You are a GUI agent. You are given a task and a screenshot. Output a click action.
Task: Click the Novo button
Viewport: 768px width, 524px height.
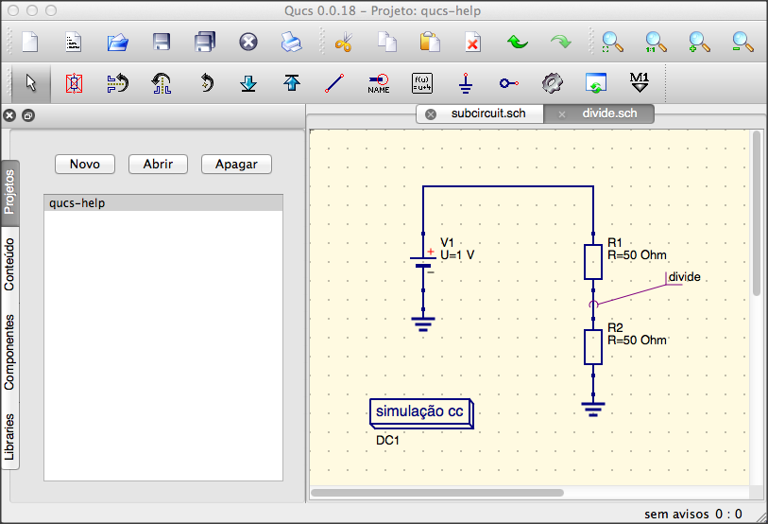click(x=85, y=164)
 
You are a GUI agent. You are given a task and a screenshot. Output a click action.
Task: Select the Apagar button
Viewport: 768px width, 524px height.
click(x=236, y=164)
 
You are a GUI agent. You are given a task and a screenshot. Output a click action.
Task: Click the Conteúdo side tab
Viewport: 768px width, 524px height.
click(x=9, y=264)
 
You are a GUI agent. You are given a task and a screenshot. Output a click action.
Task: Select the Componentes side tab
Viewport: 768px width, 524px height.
click(x=9, y=352)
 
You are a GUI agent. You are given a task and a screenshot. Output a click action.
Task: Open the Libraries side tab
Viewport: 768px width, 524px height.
click(x=9, y=437)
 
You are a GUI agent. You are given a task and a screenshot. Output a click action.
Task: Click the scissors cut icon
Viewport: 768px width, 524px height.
click(x=344, y=43)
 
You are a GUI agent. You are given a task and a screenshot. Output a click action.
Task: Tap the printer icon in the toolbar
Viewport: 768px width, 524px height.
click(x=292, y=43)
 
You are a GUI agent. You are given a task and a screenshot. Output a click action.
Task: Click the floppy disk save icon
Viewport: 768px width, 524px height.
click(x=162, y=43)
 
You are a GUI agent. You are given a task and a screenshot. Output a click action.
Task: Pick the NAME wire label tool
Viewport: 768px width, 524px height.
click(x=379, y=83)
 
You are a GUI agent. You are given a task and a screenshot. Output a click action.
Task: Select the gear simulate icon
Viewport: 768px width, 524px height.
click(x=552, y=83)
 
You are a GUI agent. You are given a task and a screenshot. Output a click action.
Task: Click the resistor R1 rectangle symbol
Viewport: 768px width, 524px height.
click(x=593, y=262)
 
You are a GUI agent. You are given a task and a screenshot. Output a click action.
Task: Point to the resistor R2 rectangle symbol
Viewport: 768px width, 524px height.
click(x=593, y=347)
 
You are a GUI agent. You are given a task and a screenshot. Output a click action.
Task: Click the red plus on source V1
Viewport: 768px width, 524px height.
click(x=431, y=252)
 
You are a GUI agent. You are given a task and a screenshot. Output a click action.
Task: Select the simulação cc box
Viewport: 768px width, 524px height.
click(x=421, y=413)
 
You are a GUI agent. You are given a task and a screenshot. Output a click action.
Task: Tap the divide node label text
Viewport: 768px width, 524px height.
click(x=684, y=277)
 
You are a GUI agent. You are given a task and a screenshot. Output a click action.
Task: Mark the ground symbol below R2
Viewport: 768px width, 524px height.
click(x=593, y=409)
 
